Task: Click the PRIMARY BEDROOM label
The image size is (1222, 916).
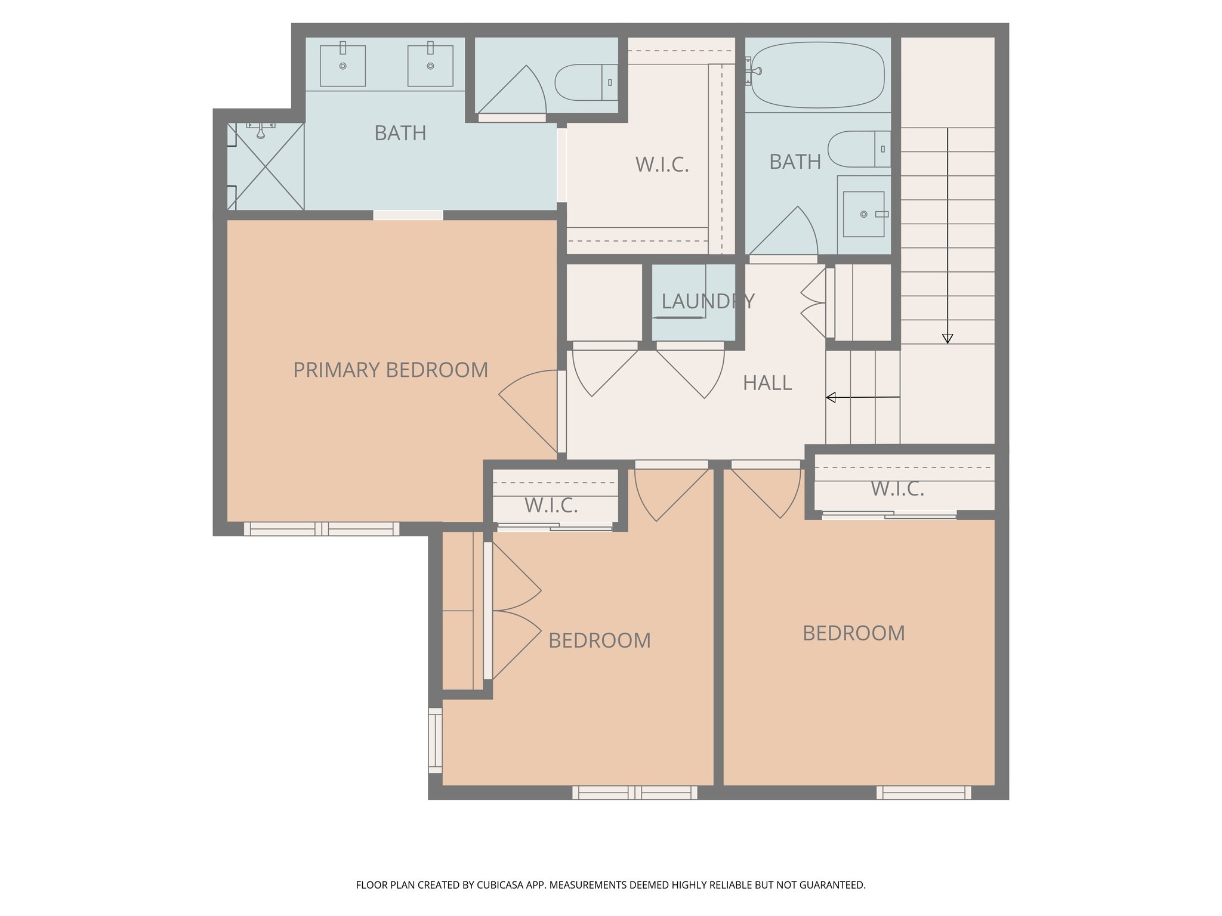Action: click(x=390, y=370)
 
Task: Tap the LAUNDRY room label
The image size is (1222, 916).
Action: click(x=708, y=301)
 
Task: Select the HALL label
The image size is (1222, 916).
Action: click(x=767, y=383)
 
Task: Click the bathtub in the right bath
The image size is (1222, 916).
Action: click(x=817, y=75)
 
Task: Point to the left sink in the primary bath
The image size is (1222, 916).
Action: click(x=342, y=66)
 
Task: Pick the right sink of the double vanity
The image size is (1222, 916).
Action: click(x=430, y=66)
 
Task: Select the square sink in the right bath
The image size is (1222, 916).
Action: click(x=863, y=214)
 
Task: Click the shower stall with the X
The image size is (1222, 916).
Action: click(x=266, y=166)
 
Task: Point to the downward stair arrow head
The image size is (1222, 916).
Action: click(x=948, y=339)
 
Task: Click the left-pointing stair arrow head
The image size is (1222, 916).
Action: click(x=831, y=397)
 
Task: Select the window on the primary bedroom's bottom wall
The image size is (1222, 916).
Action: click(x=322, y=528)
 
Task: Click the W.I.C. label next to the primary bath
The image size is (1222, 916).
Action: click(x=662, y=165)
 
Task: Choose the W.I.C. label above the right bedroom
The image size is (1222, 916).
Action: click(x=897, y=489)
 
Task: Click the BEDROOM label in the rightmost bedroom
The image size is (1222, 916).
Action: click(x=853, y=633)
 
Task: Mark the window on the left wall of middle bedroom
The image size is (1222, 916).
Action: click(x=436, y=741)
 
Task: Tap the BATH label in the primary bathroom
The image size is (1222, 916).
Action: click(x=400, y=133)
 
